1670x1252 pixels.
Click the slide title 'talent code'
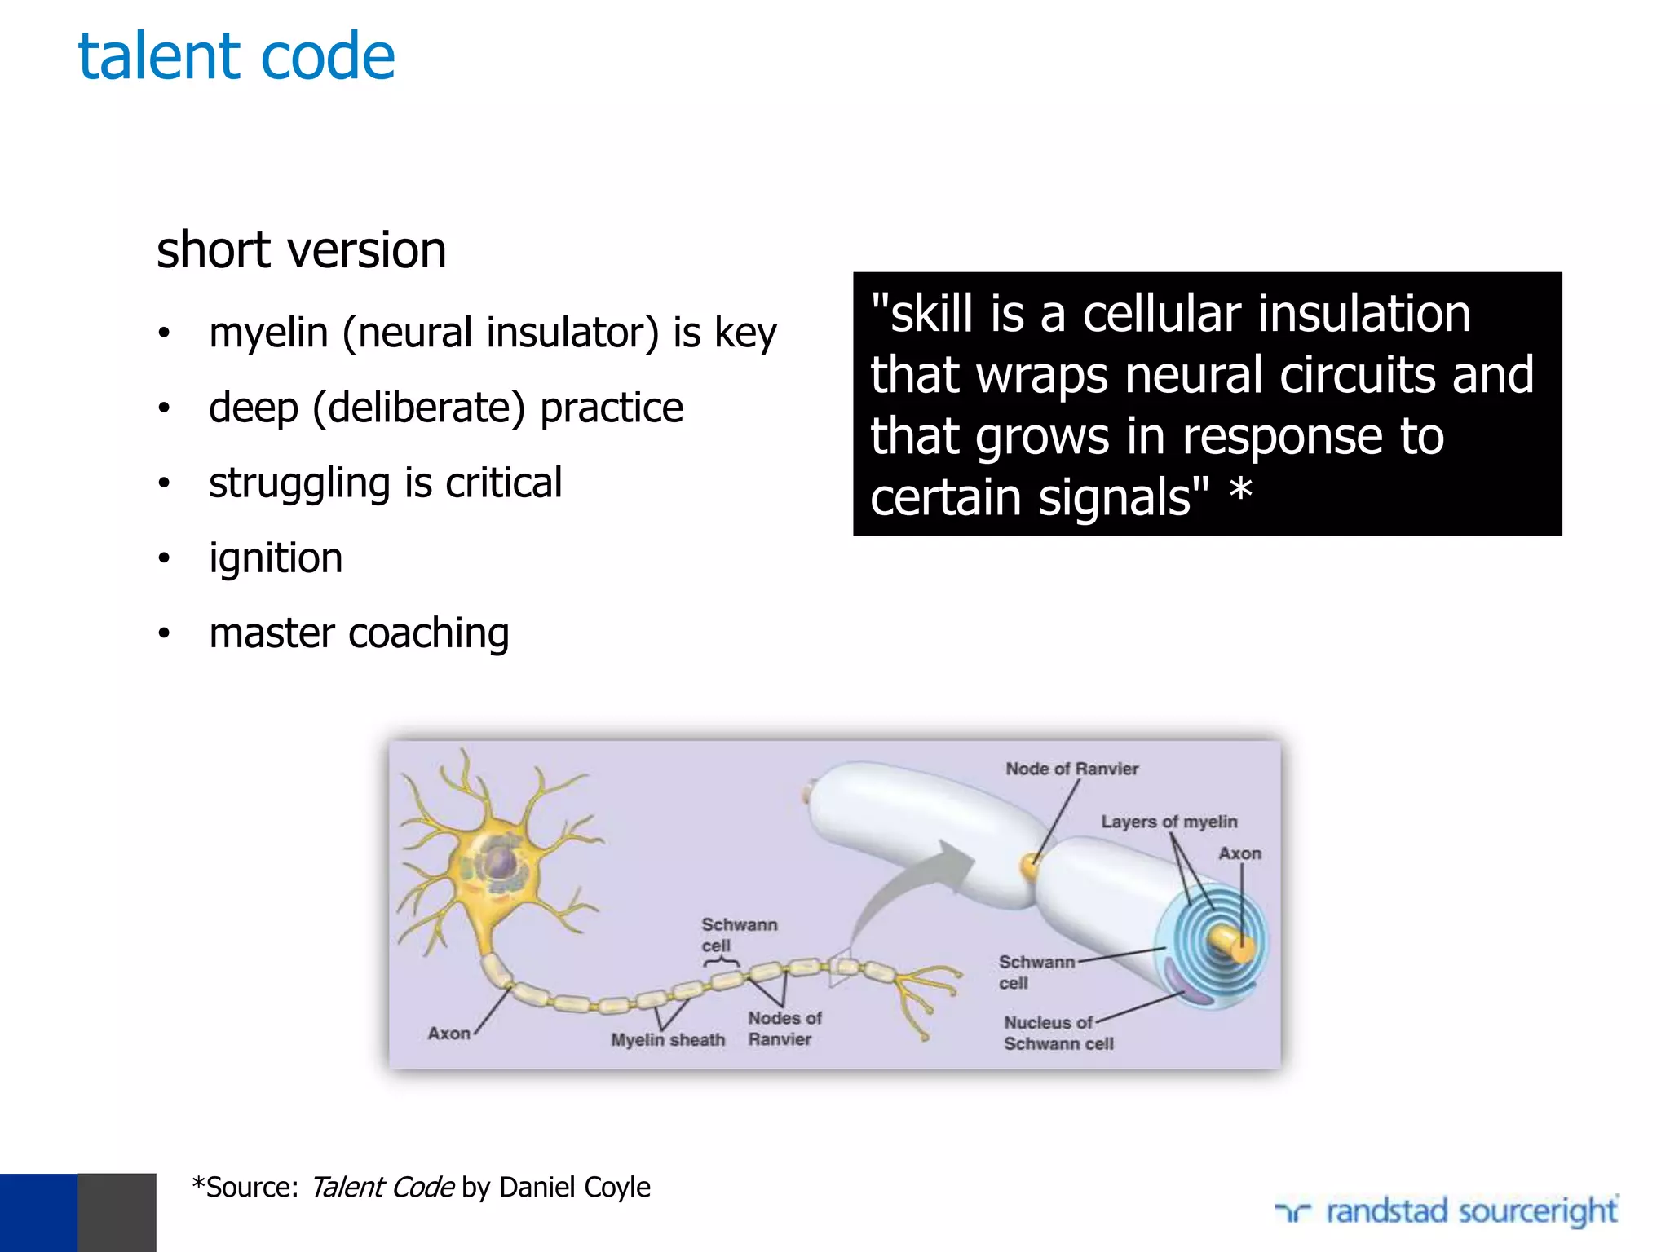236,57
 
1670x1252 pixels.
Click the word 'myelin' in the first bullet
268,333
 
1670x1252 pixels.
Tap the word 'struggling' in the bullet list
299,483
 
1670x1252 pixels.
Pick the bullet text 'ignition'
276,559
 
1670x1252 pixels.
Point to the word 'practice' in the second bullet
612,408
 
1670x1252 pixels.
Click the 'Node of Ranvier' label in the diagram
1071,769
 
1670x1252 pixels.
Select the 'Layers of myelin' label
1169,822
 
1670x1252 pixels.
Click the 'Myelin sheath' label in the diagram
668,1040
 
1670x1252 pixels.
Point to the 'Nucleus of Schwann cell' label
1058,1033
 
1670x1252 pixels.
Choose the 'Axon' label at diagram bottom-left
448,1034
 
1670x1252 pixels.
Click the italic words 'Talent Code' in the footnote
382,1188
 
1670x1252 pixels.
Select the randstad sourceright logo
1447,1211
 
